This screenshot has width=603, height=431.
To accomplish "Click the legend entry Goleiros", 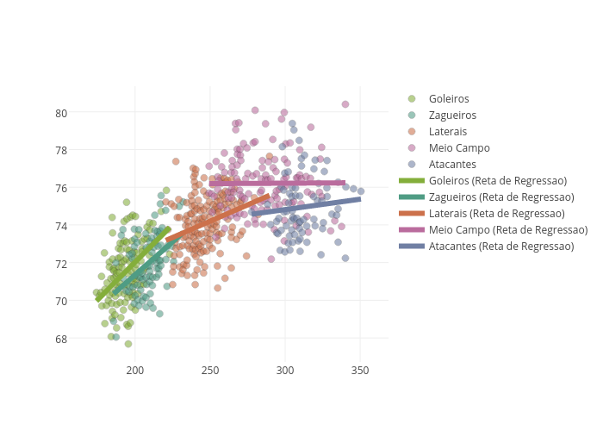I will pos(448,98).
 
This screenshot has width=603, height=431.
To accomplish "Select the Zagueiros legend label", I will pos(451,115).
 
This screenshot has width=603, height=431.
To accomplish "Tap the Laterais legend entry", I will pos(447,131).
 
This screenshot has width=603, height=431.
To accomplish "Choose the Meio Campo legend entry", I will pos(458,147).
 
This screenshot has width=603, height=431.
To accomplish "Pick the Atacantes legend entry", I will pos(452,164).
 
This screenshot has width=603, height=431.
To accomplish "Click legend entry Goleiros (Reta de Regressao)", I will pos(497,180).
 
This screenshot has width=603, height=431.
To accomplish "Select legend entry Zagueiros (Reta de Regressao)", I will pos(500,197).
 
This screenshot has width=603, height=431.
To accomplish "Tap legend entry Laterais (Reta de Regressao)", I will pos(496,213).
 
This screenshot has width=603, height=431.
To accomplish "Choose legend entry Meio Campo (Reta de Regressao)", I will pos(507,229).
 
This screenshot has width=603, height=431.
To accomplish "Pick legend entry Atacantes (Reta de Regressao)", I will pos(501,246).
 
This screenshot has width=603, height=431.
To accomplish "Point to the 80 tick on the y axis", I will pos(62,113).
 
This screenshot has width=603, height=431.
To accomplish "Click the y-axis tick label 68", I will pos(62,339).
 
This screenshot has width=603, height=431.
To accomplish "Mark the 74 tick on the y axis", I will pos(62,226).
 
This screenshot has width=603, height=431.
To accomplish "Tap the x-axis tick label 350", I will pos(360,370).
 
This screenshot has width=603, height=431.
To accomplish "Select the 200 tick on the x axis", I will pos(135,370).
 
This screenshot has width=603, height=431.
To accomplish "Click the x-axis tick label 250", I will pos(210,370).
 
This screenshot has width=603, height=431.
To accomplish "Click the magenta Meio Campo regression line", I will pos(276,183).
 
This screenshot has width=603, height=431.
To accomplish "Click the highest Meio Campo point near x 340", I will pos(345,104).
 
